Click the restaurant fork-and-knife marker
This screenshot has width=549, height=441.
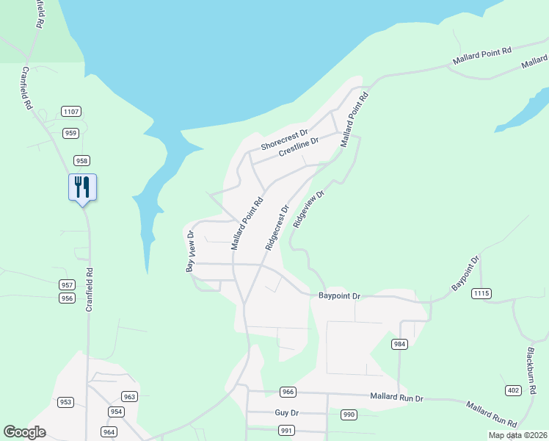pyautogui.click(x=82, y=187)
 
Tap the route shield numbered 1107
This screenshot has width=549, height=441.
pyautogui.click(x=71, y=112)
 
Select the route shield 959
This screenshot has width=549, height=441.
pyautogui.click(x=71, y=133)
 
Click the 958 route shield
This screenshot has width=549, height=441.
pyautogui.click(x=81, y=160)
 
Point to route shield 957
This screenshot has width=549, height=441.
pyautogui.click(x=68, y=284)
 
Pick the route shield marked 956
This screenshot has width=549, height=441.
pyautogui.click(x=68, y=298)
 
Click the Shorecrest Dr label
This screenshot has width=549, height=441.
pyautogui.click(x=283, y=140)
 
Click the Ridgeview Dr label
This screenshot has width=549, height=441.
pyautogui.click(x=308, y=209)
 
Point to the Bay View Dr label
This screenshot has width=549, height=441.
pyautogui.click(x=189, y=251)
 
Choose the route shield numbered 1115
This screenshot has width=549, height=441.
pyautogui.click(x=481, y=293)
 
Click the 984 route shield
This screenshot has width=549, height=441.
pyautogui.click(x=399, y=344)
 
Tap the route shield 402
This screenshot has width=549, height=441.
pyautogui.click(x=512, y=390)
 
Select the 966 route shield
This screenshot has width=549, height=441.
pyautogui.click(x=287, y=392)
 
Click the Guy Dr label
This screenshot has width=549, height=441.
pyautogui.click(x=287, y=414)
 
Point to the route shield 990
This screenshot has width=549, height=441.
pyautogui.click(x=349, y=415)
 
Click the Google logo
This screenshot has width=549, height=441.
pyautogui.click(x=25, y=432)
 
